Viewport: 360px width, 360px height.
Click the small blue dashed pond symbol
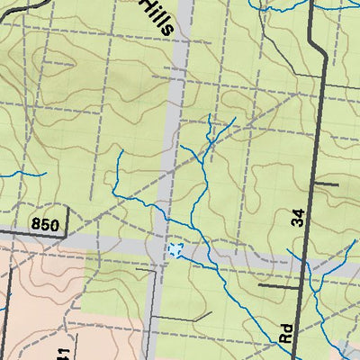(175, 249)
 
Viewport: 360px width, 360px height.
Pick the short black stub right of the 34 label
(326, 183)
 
